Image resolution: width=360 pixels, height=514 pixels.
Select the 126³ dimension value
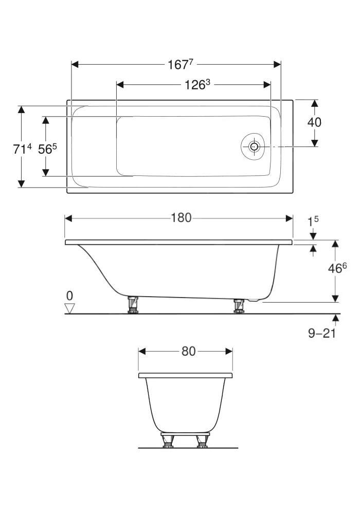coord(197,85)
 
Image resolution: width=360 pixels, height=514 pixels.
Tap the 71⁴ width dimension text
coord(23,149)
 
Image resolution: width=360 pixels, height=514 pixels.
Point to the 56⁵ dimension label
coord(47,149)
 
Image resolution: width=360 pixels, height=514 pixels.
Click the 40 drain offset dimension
coord(314,122)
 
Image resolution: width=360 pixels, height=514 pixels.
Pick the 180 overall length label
coord(182,218)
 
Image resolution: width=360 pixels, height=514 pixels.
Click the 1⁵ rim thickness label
coord(313,221)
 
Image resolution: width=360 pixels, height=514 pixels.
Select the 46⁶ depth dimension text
coord(337,268)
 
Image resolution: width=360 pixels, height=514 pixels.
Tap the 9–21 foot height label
coord(322,334)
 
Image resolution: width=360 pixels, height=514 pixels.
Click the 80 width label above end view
coord(189,352)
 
